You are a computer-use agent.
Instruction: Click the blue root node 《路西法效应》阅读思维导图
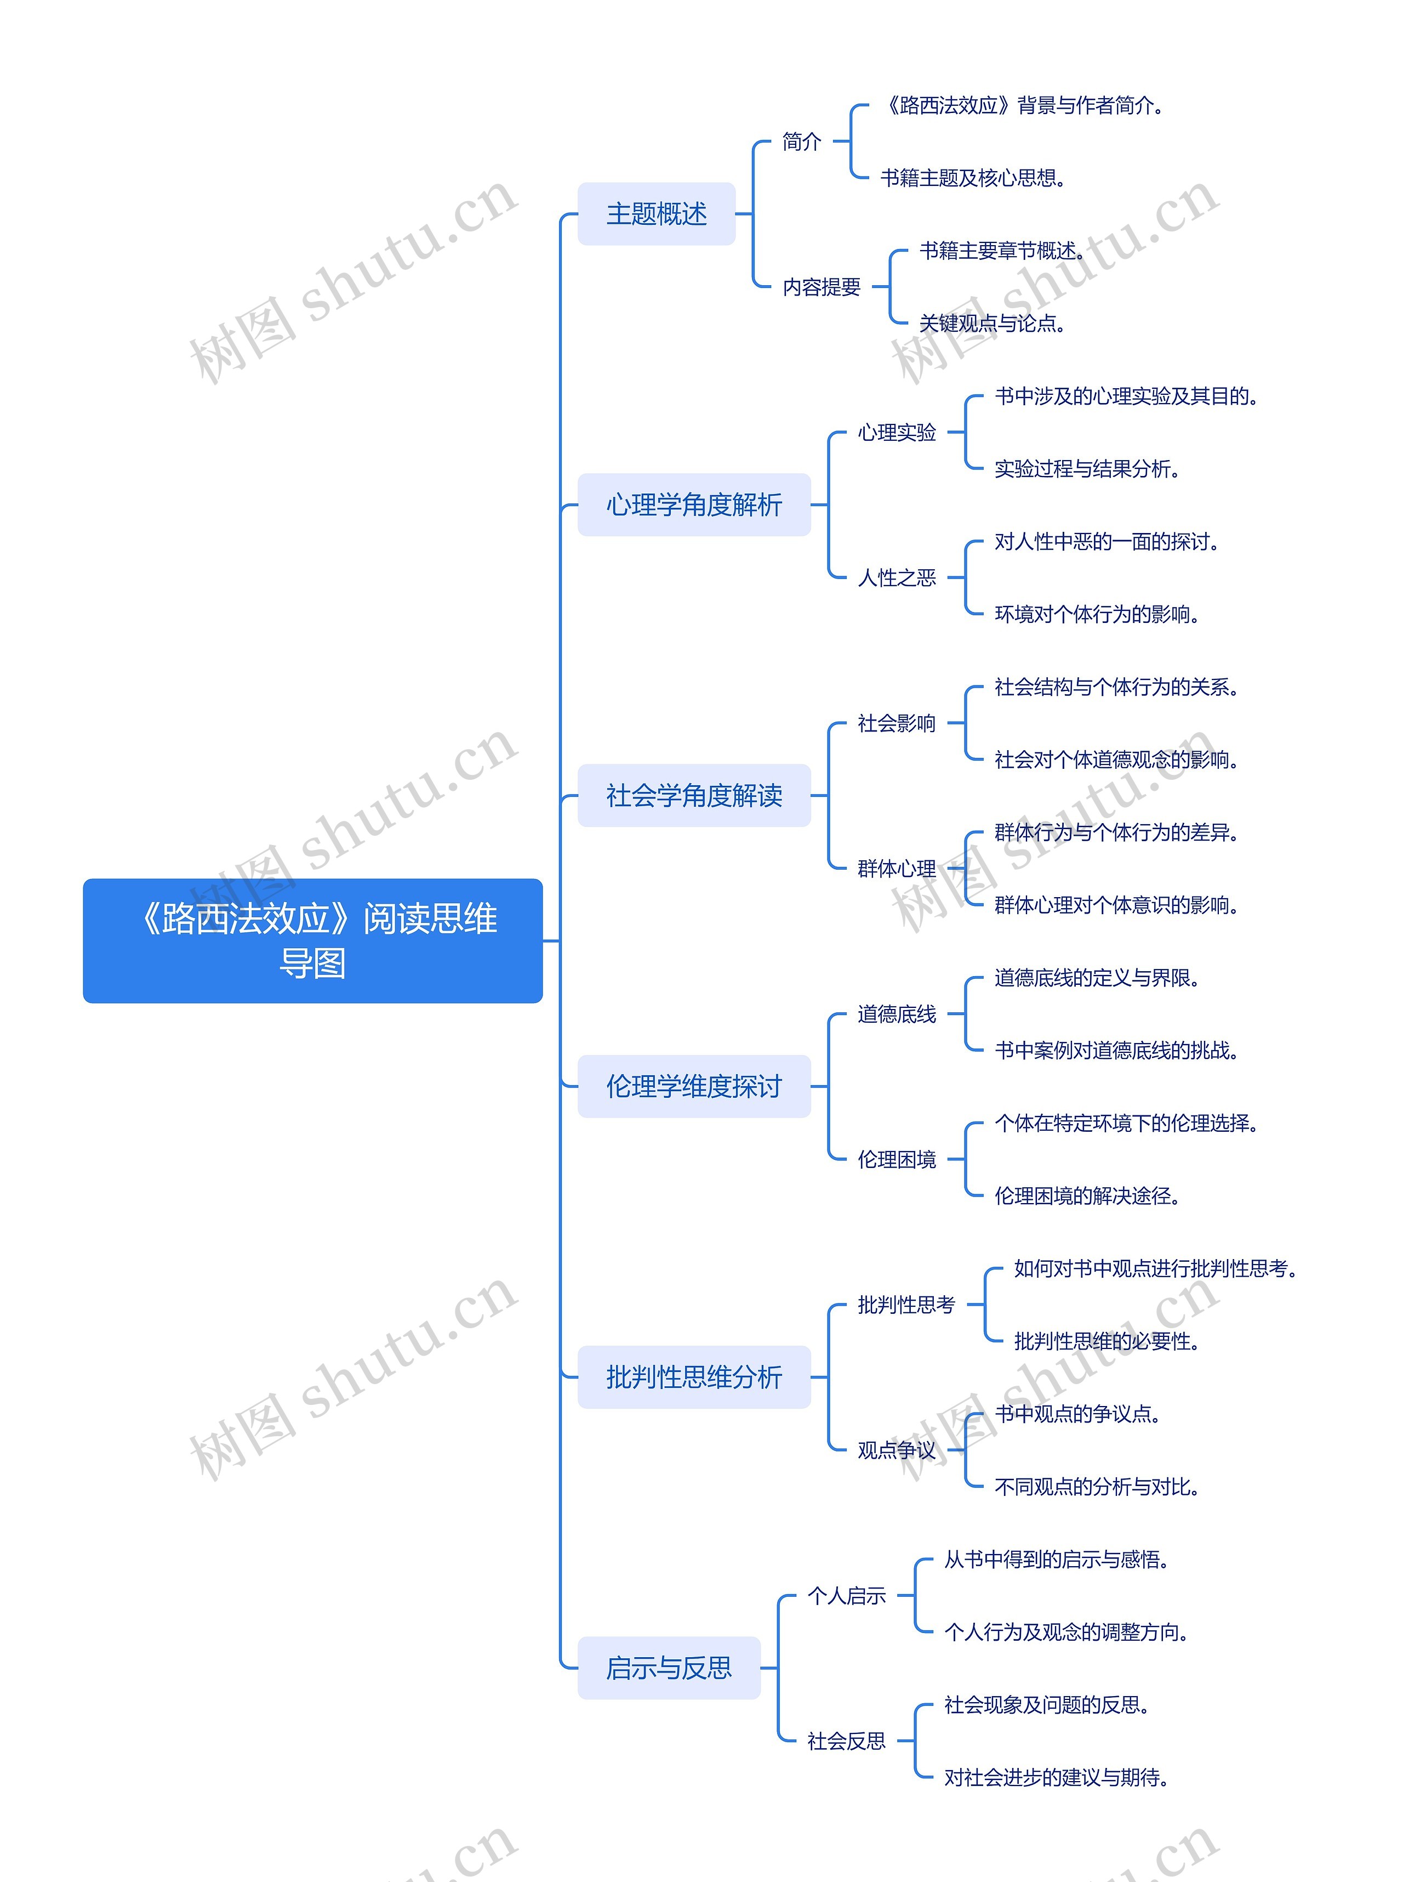click(x=312, y=940)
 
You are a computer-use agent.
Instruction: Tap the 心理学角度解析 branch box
click(x=694, y=504)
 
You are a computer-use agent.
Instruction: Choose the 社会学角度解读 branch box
click(x=694, y=795)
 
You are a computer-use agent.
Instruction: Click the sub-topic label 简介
click(x=801, y=142)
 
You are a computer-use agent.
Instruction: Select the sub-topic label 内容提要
click(x=821, y=287)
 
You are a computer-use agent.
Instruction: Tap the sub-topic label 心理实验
click(x=896, y=433)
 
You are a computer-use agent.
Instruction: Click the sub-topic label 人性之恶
click(x=896, y=578)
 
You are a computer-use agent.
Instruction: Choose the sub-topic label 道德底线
click(x=896, y=1013)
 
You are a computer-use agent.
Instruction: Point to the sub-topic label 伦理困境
click(x=896, y=1159)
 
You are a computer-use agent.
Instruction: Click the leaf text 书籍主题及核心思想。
click(x=972, y=178)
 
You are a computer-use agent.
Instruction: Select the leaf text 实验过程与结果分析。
click(x=1086, y=469)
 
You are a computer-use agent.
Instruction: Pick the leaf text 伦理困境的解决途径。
click(x=1086, y=1195)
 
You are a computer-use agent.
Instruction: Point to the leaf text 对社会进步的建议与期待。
click(x=1056, y=1777)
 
